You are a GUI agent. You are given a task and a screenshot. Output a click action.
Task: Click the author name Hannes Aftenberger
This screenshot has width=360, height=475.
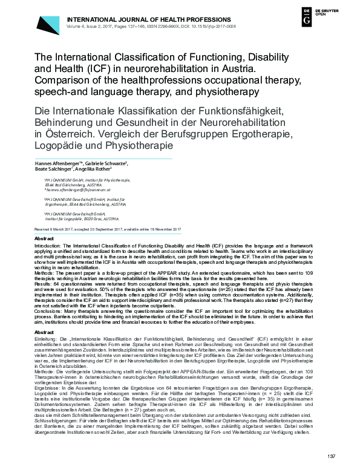click(57, 164)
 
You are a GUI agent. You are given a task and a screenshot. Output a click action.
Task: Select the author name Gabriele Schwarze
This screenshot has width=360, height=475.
click(106, 164)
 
